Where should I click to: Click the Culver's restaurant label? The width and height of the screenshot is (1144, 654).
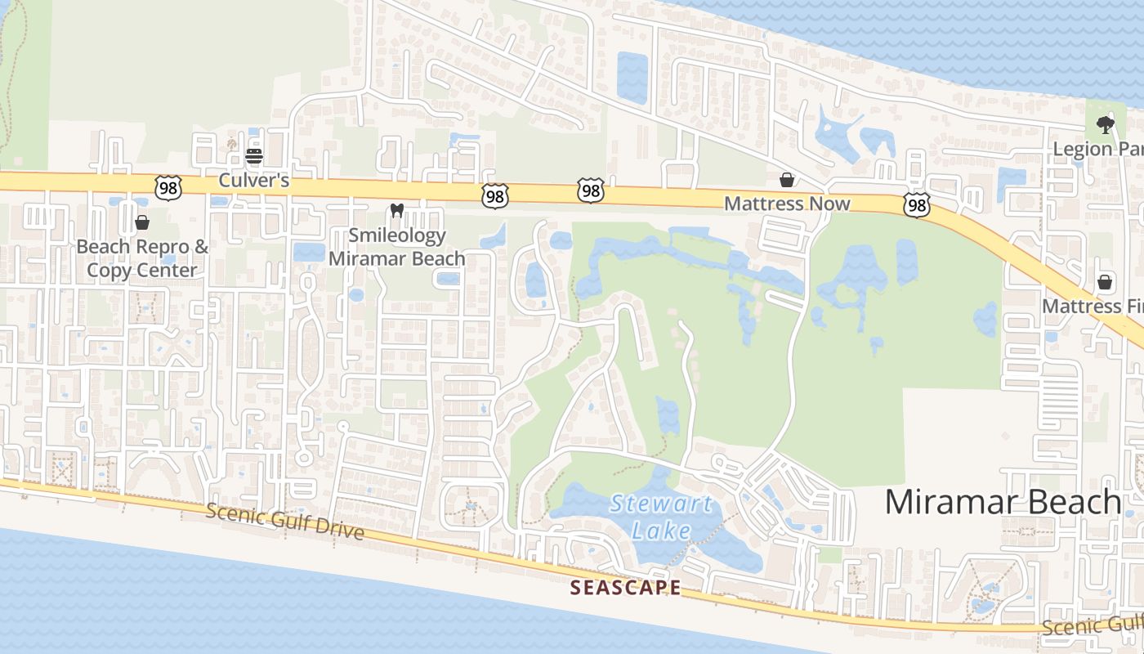[x=253, y=180]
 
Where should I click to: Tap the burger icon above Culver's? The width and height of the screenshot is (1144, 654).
[x=254, y=155]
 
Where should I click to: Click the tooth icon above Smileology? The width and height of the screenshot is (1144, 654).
[x=397, y=210]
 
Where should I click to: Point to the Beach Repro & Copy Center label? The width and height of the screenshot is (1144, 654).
[x=142, y=258]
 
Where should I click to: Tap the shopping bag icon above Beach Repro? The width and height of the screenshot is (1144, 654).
[x=142, y=222]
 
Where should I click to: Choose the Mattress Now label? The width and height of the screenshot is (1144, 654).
[x=787, y=204]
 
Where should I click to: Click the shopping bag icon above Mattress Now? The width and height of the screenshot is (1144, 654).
[x=786, y=179]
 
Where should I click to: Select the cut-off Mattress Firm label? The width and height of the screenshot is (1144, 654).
[x=1093, y=307]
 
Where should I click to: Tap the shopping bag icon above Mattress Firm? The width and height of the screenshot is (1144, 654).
[x=1105, y=282]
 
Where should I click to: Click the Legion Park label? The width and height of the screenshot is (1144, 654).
[x=1097, y=149]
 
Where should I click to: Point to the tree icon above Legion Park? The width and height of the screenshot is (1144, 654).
[x=1105, y=125]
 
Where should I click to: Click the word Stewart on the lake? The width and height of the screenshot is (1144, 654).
[x=661, y=503]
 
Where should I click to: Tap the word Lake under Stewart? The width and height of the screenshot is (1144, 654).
[x=662, y=531]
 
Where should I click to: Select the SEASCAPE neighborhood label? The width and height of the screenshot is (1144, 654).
[x=625, y=587]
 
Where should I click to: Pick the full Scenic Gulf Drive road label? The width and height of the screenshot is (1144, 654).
[x=284, y=522]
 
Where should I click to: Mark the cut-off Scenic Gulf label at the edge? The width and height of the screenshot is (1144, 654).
[x=1093, y=625]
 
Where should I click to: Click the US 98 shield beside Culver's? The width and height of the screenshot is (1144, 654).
[x=167, y=187]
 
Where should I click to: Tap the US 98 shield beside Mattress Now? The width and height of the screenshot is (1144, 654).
[x=917, y=205]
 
